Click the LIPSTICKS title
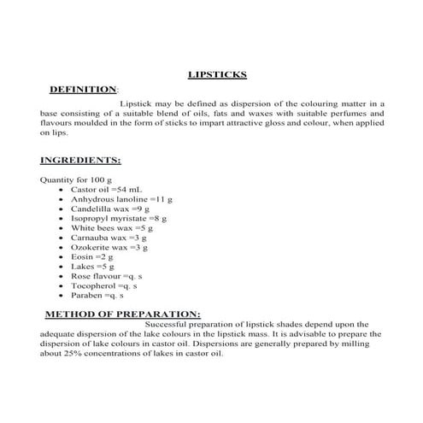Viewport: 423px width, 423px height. [216, 74]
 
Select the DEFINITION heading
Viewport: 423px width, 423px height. [83, 89]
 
